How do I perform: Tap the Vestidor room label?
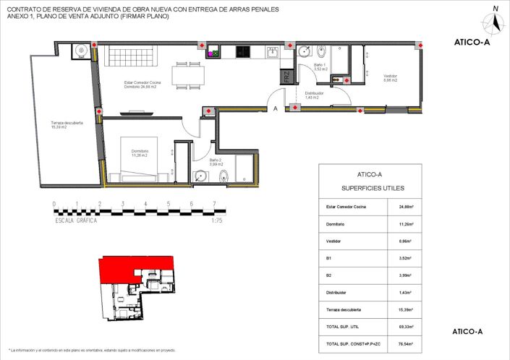click(x=391, y=79)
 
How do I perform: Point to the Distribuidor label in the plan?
click(x=313, y=95)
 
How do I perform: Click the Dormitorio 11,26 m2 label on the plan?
click(x=139, y=153)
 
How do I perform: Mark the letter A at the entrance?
click(x=275, y=109)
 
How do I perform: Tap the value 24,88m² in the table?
click(x=406, y=207)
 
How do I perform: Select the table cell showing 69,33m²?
click(x=406, y=327)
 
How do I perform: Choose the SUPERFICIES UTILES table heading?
click(x=370, y=188)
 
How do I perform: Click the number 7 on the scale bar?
click(x=214, y=204)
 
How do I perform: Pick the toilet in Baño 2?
click(x=224, y=175)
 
